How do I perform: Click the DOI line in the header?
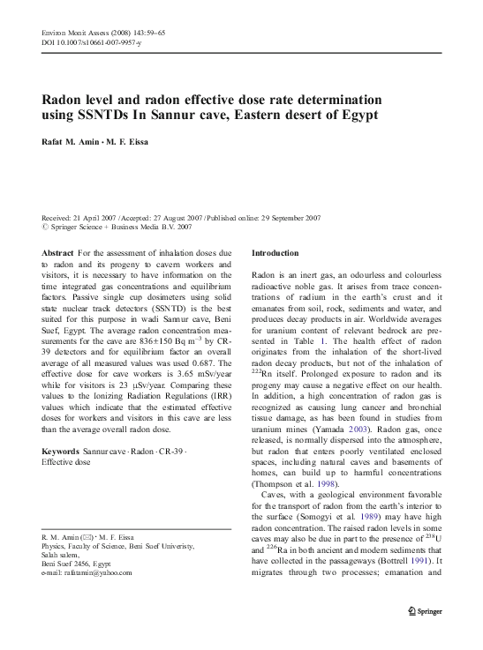coord(84,42)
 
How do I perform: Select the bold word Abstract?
coord(58,253)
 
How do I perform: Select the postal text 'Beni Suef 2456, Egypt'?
coord(78,538)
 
